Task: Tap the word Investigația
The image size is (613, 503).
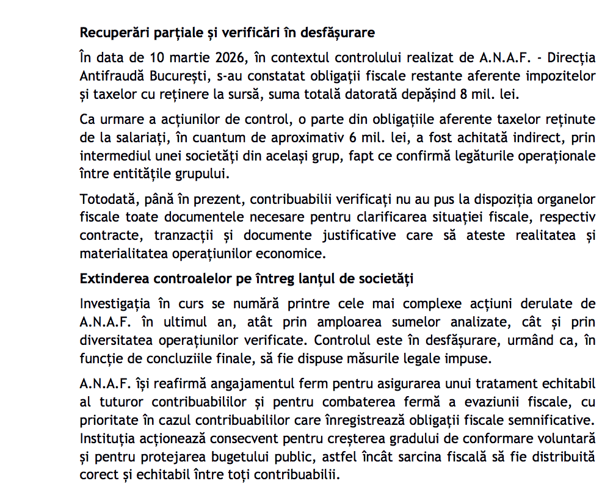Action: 115,303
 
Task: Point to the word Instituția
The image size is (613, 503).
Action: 106,438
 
